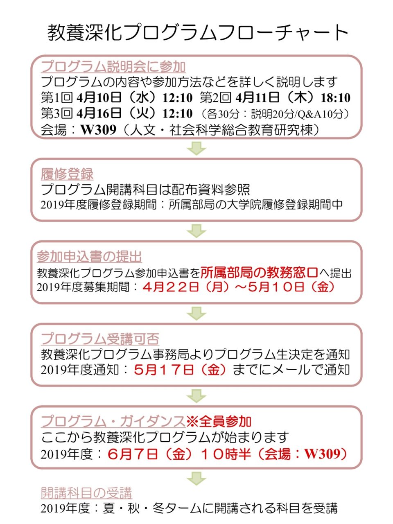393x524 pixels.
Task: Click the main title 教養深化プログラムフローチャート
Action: click(x=198, y=33)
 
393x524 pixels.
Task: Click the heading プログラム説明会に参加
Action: click(x=113, y=67)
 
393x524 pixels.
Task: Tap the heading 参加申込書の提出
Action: click(x=89, y=257)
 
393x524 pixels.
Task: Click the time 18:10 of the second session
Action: click(x=336, y=98)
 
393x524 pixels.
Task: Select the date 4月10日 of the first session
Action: click(x=99, y=98)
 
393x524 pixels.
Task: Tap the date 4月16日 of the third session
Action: click(x=99, y=113)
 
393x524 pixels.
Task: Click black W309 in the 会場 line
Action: click(x=98, y=130)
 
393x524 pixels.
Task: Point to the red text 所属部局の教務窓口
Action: click(x=259, y=273)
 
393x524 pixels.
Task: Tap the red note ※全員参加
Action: click(x=219, y=421)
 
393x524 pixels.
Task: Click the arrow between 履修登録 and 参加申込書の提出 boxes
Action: click(x=196, y=231)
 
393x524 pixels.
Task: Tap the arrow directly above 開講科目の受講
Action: click(x=196, y=478)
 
